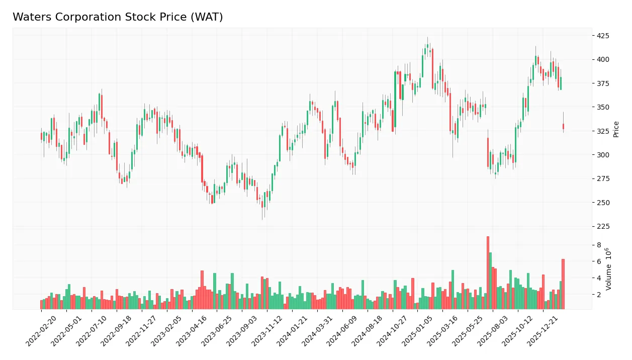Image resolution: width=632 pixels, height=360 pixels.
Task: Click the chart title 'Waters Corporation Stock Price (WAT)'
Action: coord(118,17)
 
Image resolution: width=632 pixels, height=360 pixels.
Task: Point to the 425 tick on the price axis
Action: coord(603,36)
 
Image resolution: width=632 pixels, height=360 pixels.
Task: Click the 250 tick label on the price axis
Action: coord(603,203)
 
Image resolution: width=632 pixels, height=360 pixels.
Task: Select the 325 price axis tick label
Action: coord(603,131)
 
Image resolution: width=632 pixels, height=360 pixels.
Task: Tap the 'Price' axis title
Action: coord(616,129)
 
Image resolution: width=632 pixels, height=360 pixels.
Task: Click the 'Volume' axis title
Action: coord(609,268)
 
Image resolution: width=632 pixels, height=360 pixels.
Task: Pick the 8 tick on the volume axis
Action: coord(599,245)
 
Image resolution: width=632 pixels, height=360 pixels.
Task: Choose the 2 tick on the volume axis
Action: coord(599,295)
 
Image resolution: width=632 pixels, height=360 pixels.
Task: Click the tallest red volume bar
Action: coord(488,273)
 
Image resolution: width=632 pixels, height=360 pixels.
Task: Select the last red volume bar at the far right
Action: coord(563,284)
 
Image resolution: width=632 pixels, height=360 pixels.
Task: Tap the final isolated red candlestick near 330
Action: coord(563,126)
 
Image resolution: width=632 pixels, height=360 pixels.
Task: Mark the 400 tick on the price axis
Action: coord(603,59)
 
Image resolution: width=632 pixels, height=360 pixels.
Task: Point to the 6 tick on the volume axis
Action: coord(599,261)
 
